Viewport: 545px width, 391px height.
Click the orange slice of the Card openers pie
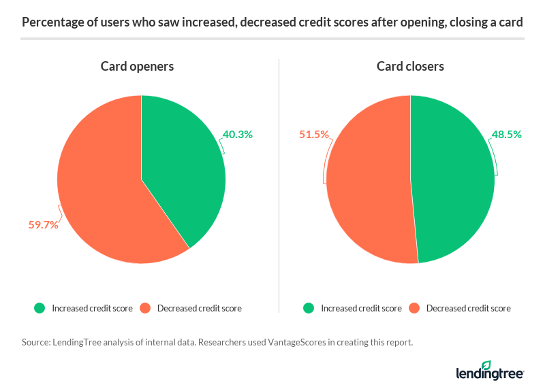pos(102,190)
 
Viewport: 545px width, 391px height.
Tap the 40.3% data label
pos(237,135)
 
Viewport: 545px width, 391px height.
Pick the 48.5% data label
pos(507,135)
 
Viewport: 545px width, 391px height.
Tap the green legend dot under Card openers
pos(40,308)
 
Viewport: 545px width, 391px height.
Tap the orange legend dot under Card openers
pos(144,308)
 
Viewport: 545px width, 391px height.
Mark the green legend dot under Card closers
pos(309,308)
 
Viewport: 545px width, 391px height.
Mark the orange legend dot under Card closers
pos(414,308)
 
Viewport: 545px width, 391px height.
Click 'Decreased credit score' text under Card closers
pos(468,308)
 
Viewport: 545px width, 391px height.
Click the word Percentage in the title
pos(51,22)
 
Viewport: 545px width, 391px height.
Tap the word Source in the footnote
pos(35,343)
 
